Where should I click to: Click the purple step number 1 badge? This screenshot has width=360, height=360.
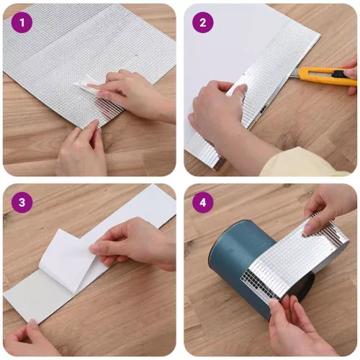(22, 23)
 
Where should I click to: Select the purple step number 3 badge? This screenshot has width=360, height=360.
(22, 203)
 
